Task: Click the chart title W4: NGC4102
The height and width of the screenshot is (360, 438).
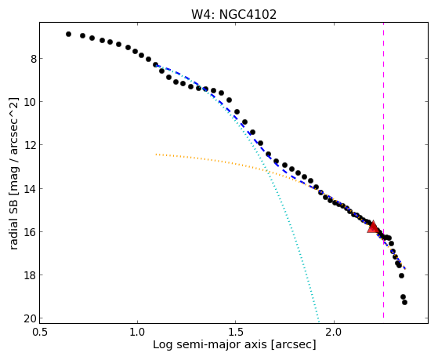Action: pos(233,14)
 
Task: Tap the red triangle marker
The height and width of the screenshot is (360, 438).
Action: pos(373,227)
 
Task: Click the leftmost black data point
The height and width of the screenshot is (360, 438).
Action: pos(68,35)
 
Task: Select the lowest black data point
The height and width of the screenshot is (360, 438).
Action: pos(404,303)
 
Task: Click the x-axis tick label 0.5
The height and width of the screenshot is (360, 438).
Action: pos(39,332)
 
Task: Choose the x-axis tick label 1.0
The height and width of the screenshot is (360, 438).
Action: pos(137,332)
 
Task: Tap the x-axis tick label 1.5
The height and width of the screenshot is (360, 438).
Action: pos(236,332)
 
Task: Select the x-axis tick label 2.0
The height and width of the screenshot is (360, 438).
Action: pos(334,332)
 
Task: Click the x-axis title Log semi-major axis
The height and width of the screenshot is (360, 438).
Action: pos(210,345)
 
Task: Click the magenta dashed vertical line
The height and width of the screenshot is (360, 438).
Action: pos(383,170)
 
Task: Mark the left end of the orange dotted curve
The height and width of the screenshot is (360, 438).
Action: pos(156,155)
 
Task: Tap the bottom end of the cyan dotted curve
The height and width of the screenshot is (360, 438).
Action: pos(319,320)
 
